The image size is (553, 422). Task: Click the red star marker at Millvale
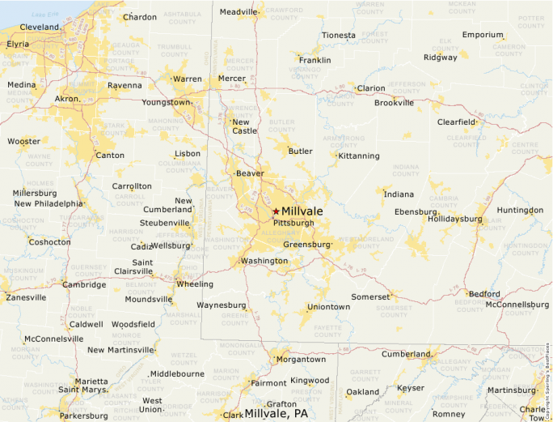point(276,211)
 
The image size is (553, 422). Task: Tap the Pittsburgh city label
point(293,223)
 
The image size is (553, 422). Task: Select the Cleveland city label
point(40,27)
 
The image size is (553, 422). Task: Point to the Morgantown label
point(302,359)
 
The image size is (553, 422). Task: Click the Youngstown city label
point(166,103)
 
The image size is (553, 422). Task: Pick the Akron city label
point(66,99)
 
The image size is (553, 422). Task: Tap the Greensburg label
point(307,244)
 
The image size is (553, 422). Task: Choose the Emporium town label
point(483,35)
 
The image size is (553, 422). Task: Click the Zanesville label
point(26,297)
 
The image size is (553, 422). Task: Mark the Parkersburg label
point(83,416)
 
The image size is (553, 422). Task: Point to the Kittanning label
point(359,156)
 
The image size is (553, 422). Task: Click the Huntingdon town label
point(520,210)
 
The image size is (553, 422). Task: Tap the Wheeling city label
point(195,284)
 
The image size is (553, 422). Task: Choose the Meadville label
point(238,11)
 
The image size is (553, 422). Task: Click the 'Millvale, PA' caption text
point(276,413)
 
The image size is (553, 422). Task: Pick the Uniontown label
point(328,307)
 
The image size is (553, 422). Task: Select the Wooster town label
point(23,141)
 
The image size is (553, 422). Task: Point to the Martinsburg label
point(512,390)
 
